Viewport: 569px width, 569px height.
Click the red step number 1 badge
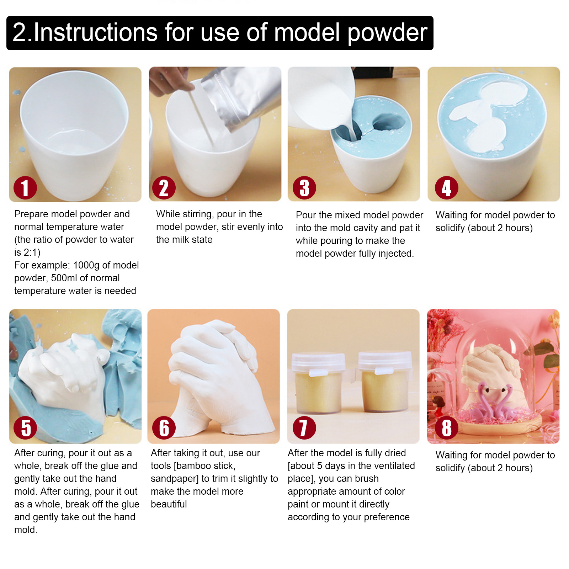click(25, 188)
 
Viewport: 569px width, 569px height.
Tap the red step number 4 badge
click(446, 188)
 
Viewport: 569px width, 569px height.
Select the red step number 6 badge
click(164, 427)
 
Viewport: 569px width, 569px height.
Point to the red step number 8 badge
click(446, 427)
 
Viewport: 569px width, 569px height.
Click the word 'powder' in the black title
click(387, 33)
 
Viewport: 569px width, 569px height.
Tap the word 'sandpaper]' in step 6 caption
click(175, 479)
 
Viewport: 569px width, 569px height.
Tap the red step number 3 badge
click(304, 188)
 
